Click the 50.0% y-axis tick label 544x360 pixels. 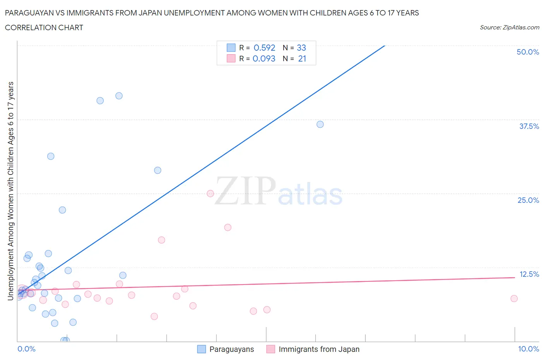(528, 52)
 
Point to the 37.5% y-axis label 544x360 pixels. (529, 126)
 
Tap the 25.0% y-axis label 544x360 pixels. (528, 200)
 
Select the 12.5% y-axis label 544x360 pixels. (529, 274)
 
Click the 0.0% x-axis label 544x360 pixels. (26, 349)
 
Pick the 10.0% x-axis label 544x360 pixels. (529, 349)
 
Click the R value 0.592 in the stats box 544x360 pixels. (264, 48)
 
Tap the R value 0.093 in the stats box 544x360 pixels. (264, 58)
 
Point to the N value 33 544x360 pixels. (301, 48)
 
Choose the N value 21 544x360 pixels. (302, 58)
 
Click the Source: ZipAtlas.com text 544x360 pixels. (509, 27)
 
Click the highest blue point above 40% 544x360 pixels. (119, 96)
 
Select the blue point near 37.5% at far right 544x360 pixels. (320, 124)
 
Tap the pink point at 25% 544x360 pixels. (210, 194)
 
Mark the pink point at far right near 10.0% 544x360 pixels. (514, 298)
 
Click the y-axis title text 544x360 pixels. (10, 191)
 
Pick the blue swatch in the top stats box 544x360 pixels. (231, 48)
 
